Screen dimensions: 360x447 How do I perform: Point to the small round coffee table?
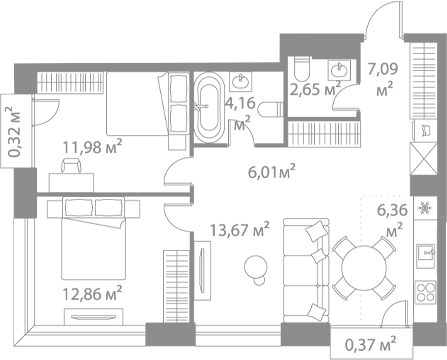pos(257,267)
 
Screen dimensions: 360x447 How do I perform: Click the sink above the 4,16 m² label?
pos(242,83)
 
